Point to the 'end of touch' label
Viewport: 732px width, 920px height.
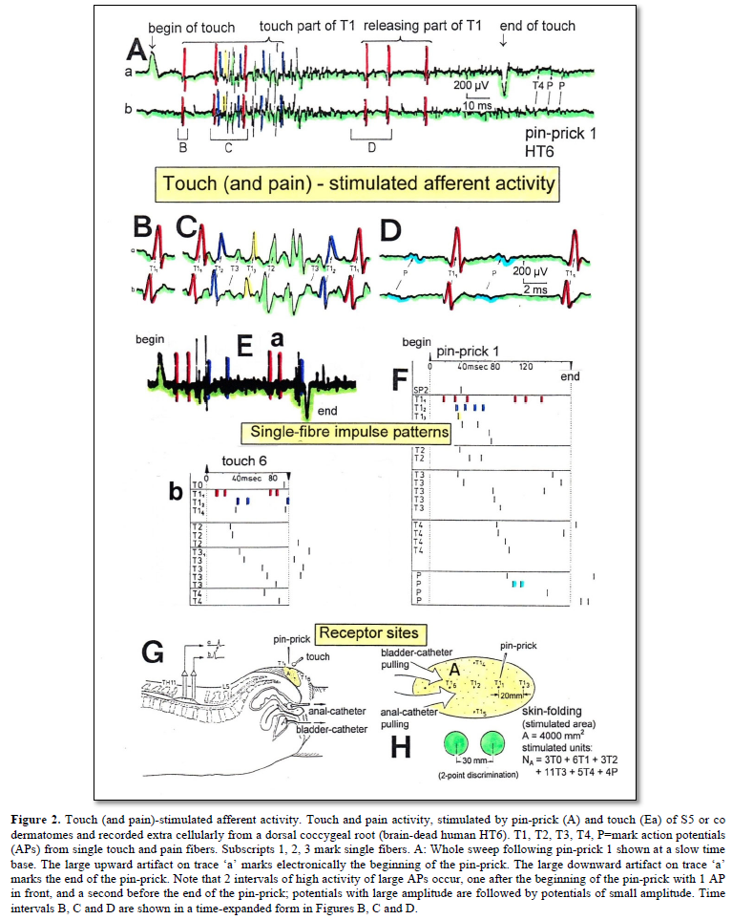tap(538, 27)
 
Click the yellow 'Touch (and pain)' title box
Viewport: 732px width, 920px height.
tap(358, 182)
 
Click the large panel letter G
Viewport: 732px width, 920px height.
tap(153, 653)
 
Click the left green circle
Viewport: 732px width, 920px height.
tap(454, 742)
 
